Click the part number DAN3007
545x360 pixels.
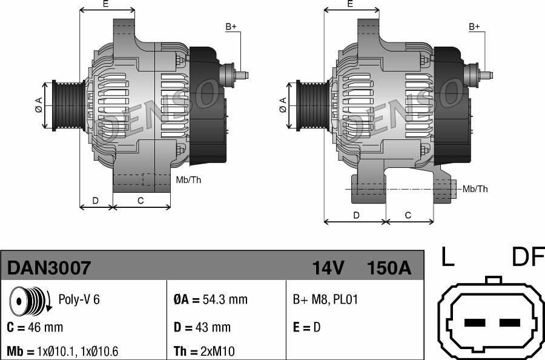coord(49,267)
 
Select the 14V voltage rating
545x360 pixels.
coord(328,267)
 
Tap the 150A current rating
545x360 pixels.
coord(389,267)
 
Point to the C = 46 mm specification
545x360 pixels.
coord(35,327)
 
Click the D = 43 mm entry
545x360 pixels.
coord(202,327)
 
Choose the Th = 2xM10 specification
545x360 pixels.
coord(205,352)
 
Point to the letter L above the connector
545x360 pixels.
coord(447,257)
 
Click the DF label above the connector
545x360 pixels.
coord(527,257)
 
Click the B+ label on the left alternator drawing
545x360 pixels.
coord(231,27)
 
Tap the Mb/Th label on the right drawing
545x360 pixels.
coord(475,189)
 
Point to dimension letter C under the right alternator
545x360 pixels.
coord(408,215)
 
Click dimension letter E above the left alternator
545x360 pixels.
coord(105,4)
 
